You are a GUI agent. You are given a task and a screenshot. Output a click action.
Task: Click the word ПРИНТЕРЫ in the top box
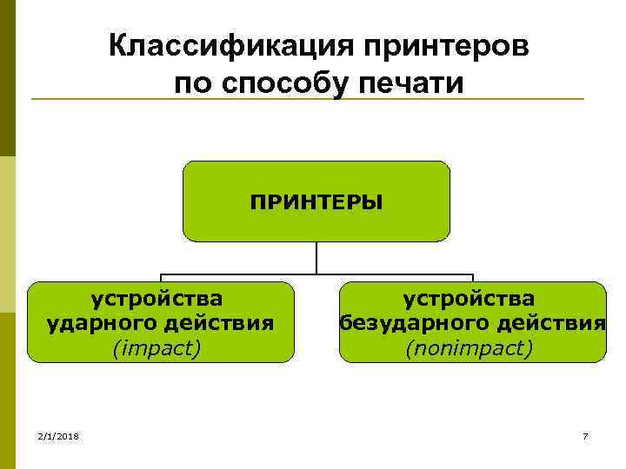pos(316,201)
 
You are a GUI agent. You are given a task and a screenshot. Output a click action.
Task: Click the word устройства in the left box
pos(157,299)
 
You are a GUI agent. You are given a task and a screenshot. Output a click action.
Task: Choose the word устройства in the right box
pos(469,299)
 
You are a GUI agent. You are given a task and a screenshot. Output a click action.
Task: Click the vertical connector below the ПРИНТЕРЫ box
pos(316,257)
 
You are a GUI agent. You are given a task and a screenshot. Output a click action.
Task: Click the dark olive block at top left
pos(8,78)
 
